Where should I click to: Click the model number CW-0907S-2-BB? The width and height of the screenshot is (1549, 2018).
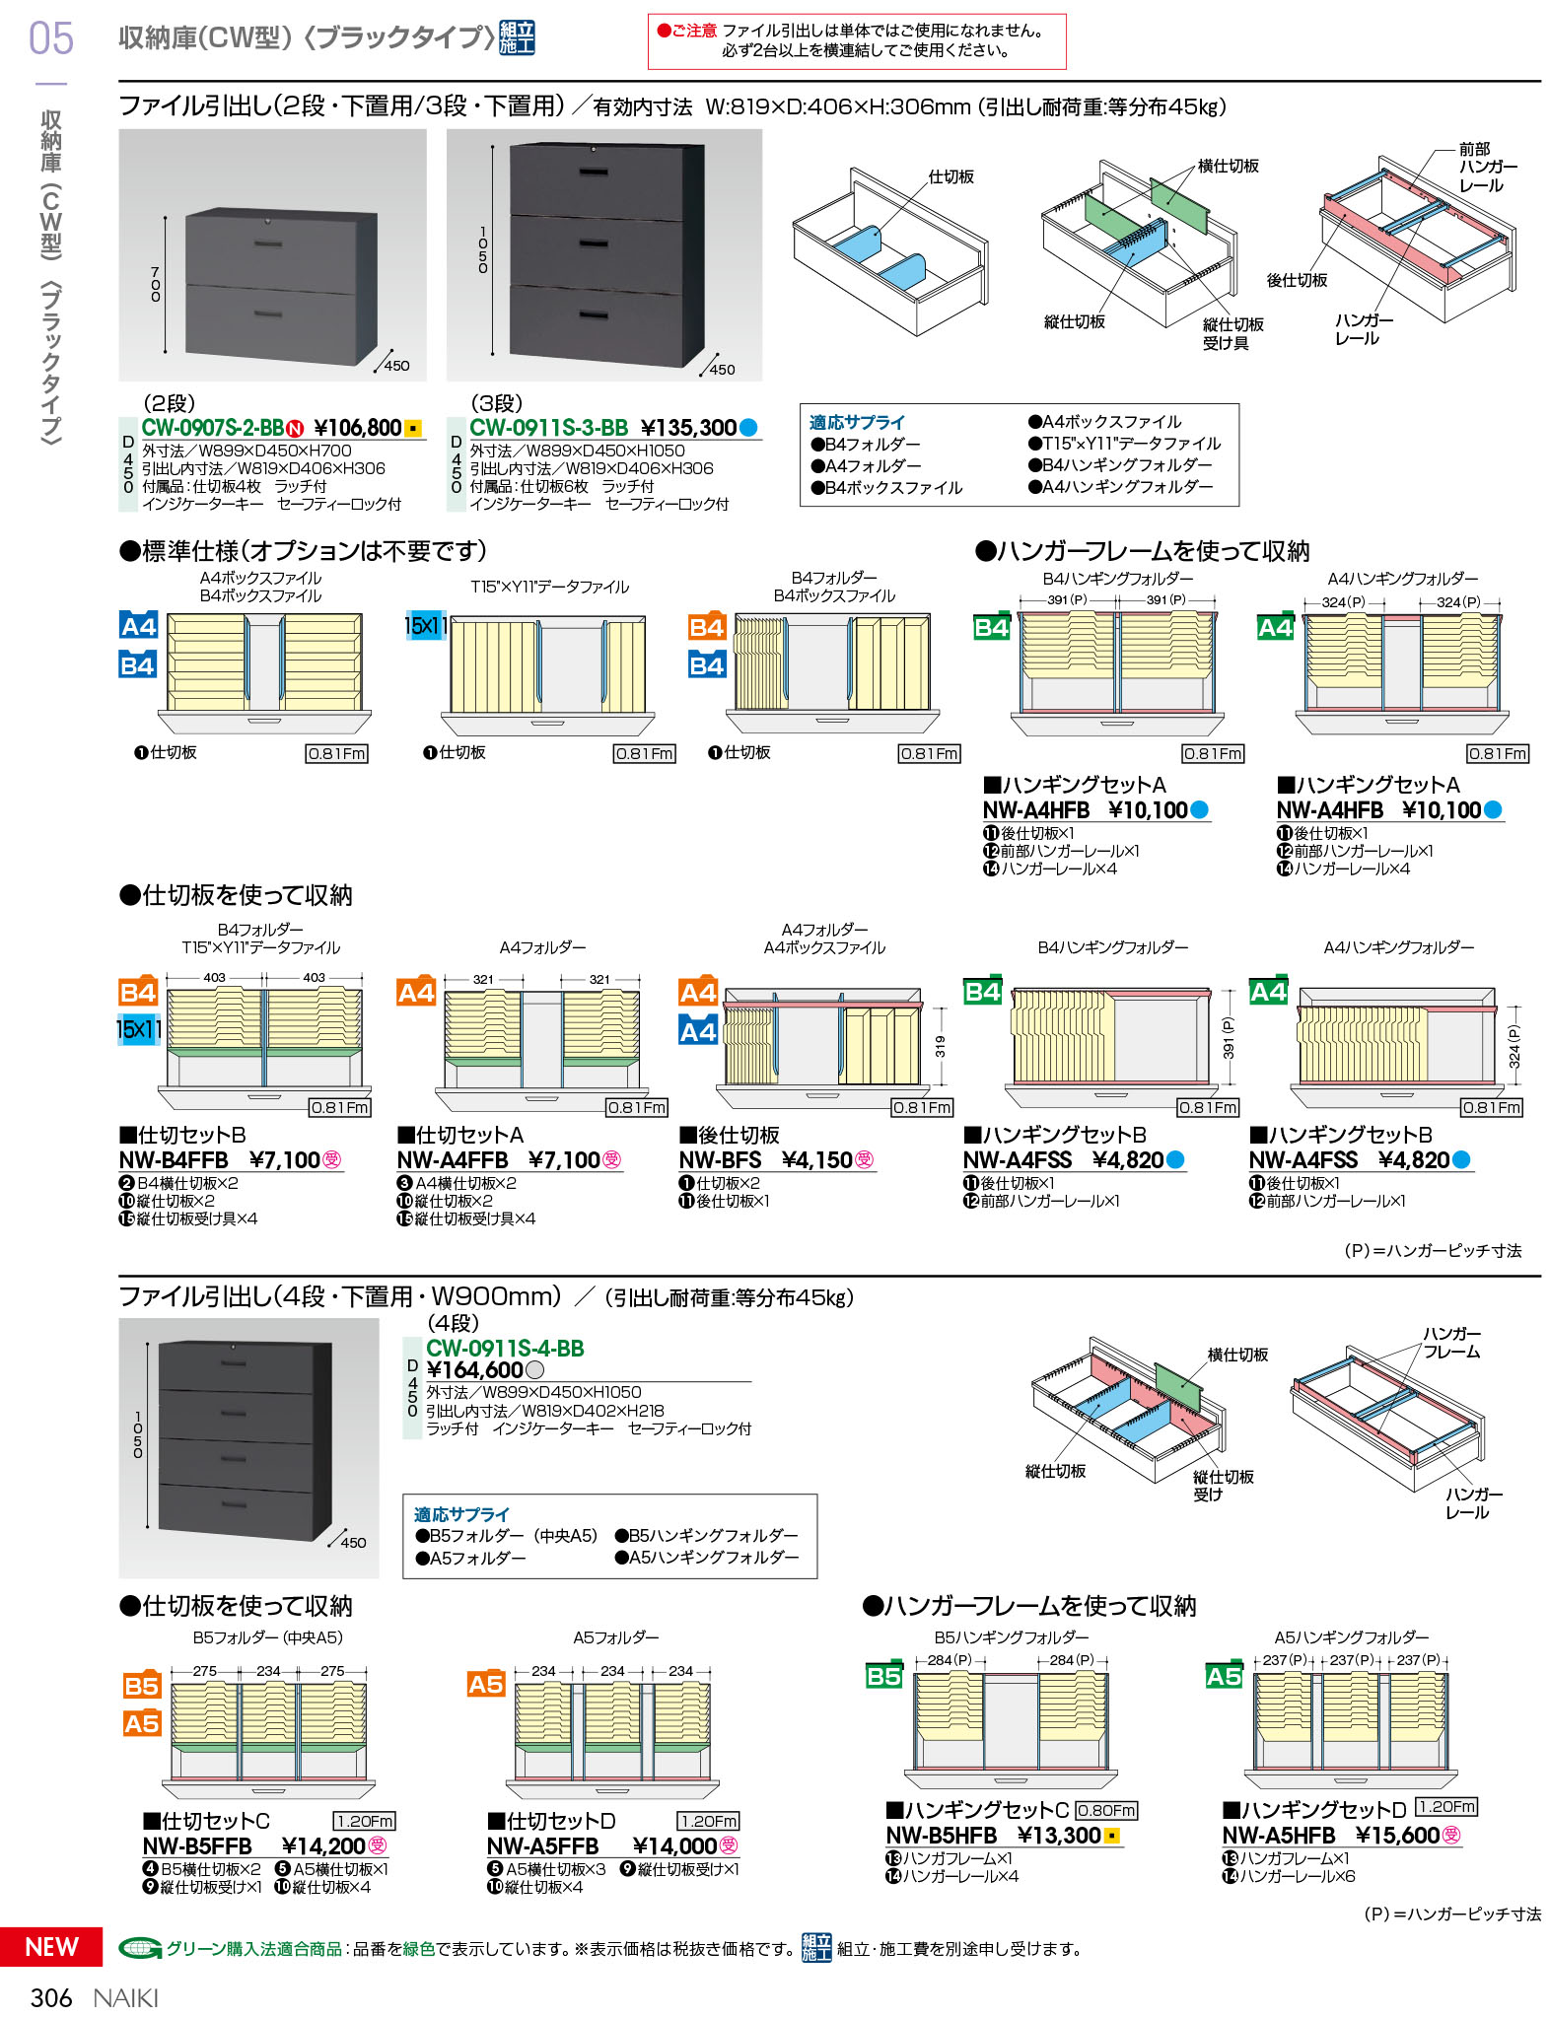pyautogui.click(x=212, y=428)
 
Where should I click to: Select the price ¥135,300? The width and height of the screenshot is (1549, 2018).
pyautogui.click(x=688, y=428)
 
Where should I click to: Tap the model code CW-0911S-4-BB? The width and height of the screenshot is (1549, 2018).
pyautogui.click(x=505, y=1348)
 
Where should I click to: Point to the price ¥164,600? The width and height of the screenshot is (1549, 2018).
pyautogui.click(x=474, y=1370)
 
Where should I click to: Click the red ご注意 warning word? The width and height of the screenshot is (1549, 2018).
pyautogui.click(x=694, y=32)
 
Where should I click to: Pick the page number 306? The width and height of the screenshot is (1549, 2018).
pyautogui.click(x=51, y=1997)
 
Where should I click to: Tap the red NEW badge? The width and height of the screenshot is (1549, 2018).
pyautogui.click(x=51, y=1946)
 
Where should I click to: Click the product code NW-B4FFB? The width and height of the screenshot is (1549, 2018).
pyautogui.click(x=174, y=1160)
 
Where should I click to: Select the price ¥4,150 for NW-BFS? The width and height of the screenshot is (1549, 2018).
pyautogui.click(x=816, y=1160)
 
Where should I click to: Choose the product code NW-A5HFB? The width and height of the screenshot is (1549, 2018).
pyautogui.click(x=1278, y=1836)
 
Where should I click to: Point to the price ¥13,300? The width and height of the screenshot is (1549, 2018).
pyautogui.click(x=1058, y=1836)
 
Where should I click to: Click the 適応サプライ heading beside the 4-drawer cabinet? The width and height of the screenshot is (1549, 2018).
pyautogui.click(x=461, y=1514)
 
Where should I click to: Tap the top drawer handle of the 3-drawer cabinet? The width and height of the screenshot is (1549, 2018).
pyautogui.click(x=594, y=173)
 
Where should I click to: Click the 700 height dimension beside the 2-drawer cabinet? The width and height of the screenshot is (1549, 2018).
pyautogui.click(x=156, y=284)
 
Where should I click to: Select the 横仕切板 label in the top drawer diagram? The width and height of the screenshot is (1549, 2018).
pyautogui.click(x=1228, y=167)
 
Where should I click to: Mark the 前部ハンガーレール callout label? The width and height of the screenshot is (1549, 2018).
pyautogui.click(x=1487, y=168)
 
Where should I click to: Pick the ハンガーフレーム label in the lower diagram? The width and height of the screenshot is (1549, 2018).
pyautogui.click(x=1451, y=1343)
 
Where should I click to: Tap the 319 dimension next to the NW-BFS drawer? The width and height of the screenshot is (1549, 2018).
pyautogui.click(x=940, y=1047)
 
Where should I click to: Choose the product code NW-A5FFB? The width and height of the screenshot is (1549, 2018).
pyautogui.click(x=542, y=1846)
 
